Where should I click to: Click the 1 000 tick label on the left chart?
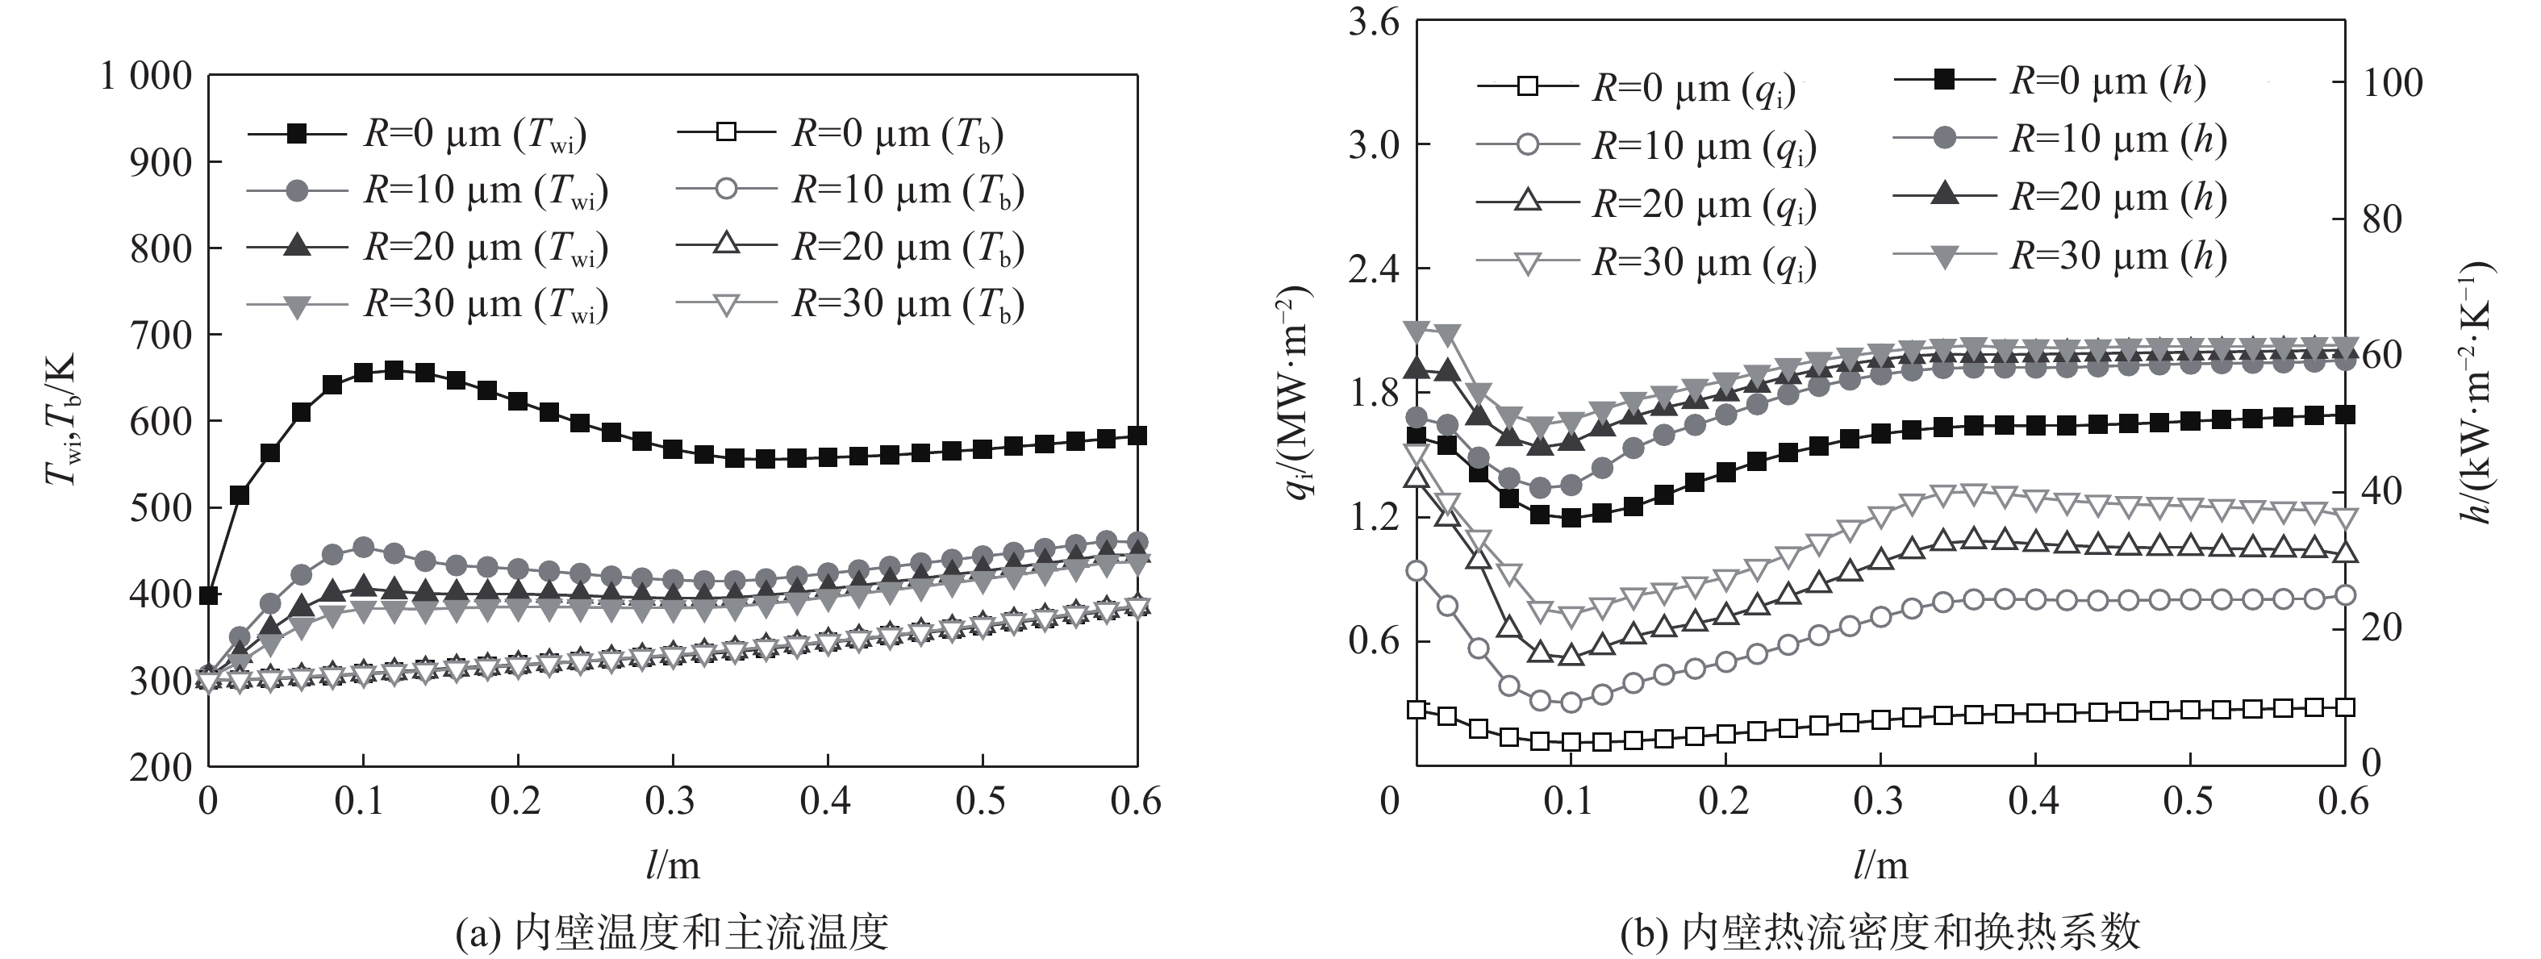(x=146, y=76)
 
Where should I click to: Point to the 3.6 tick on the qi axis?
(x=1374, y=22)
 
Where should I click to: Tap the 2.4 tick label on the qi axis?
(x=1374, y=269)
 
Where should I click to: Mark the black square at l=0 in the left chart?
(x=208, y=595)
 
